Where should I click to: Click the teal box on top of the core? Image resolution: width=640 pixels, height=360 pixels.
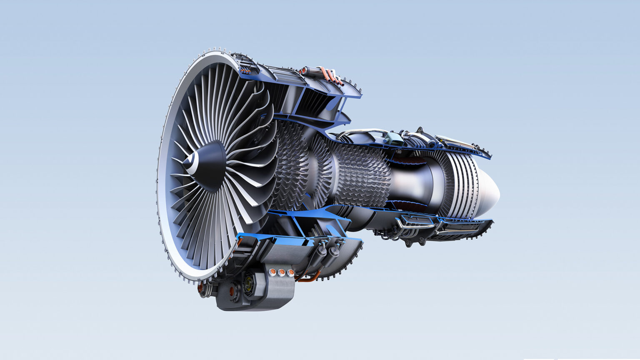pos(393,138)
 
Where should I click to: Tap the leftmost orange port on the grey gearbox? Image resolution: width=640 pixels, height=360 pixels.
pos(273,272)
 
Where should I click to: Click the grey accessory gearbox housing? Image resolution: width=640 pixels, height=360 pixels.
pos(267,287)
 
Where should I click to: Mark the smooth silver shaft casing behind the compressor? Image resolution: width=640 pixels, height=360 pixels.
pos(410,183)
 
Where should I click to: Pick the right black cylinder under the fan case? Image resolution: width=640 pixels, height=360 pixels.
pos(334,252)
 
